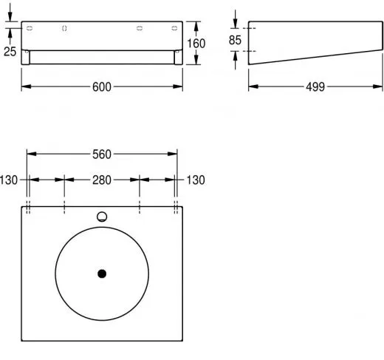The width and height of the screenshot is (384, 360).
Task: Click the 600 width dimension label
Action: [x=102, y=87]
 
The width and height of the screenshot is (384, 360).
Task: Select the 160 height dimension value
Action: [x=196, y=44]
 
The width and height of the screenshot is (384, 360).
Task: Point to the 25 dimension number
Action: [x=9, y=51]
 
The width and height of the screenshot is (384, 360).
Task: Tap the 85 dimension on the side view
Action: [x=235, y=40]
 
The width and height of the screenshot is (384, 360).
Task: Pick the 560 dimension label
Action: [x=102, y=154]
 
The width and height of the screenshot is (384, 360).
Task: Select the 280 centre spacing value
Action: [x=102, y=180]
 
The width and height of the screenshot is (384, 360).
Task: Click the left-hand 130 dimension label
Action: [x=9, y=180]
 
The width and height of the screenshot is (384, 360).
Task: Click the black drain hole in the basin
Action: [x=102, y=274]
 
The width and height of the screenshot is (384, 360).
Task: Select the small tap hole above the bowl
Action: [x=102, y=217]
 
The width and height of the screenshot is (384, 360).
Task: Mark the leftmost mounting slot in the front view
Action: [x=30, y=28]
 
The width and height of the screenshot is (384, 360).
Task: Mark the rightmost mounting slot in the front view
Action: [x=174, y=28]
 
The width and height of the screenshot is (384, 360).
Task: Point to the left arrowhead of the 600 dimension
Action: [x=24, y=87]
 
